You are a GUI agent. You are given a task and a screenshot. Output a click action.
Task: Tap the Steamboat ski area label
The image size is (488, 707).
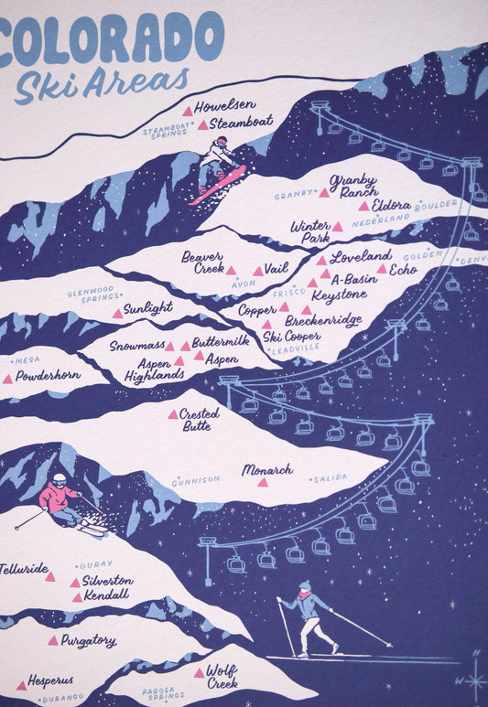(241, 123)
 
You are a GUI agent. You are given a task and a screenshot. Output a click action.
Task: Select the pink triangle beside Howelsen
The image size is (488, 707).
(188, 112)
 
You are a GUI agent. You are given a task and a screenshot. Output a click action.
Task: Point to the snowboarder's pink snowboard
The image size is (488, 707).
(218, 185)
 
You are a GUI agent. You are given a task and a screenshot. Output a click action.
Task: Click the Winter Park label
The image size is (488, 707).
(310, 231)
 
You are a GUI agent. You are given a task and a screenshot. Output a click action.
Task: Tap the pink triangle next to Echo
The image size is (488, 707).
(382, 269)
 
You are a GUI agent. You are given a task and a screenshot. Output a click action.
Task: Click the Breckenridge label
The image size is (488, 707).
(323, 320)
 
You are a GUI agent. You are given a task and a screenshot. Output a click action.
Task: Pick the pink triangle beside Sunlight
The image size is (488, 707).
(117, 313)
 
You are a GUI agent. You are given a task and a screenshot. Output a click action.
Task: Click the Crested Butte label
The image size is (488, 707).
(199, 419)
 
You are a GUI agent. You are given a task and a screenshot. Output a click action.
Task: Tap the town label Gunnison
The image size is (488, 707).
(196, 479)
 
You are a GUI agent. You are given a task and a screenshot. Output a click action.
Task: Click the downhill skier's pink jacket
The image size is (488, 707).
(59, 499)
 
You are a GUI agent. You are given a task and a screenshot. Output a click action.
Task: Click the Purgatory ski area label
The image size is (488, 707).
(88, 641)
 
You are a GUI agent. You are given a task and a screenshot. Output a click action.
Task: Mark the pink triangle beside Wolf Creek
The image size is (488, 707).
(199, 673)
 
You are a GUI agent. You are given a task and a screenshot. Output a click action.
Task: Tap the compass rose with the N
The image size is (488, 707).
(474, 679)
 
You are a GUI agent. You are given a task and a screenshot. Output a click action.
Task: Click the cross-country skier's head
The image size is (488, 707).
(304, 586)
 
